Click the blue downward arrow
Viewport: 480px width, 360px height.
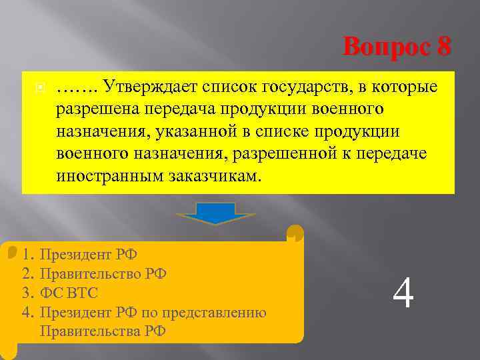[216, 214]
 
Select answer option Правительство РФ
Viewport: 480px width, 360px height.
[103, 273]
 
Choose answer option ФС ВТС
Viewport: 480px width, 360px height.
[69, 292]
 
